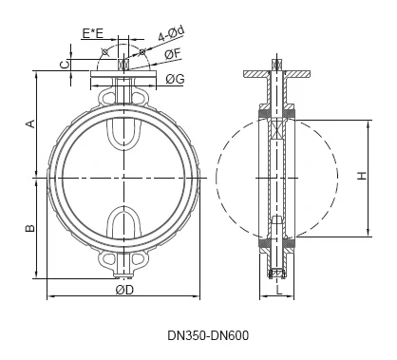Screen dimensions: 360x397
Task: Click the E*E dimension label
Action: [x=93, y=34]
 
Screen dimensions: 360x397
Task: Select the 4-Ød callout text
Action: [x=170, y=35]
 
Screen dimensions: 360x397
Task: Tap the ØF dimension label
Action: [x=172, y=55]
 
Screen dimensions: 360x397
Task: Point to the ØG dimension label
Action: [x=175, y=79]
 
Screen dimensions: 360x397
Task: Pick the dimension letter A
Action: [x=29, y=123]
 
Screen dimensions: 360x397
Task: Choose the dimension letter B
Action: [x=29, y=228]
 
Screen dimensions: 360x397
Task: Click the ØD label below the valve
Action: [x=124, y=290]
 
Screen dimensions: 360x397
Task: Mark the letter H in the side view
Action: [x=361, y=176]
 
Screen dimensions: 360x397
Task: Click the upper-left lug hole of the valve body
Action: [x=105, y=98]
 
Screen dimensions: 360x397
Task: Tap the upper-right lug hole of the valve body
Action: [x=143, y=98]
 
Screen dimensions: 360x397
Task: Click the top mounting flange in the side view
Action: [x=275, y=72]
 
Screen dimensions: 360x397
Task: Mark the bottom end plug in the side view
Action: [x=276, y=273]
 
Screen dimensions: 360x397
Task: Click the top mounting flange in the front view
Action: [x=124, y=72]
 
